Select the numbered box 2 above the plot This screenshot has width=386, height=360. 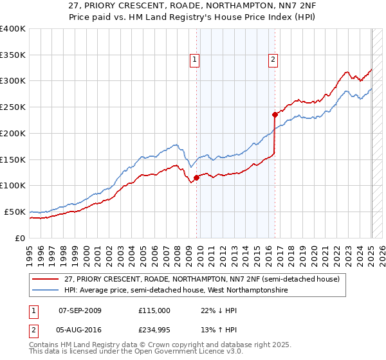tap(273, 60)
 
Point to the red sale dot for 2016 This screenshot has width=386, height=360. tap(275, 114)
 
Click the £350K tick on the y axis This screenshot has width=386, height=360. tap(13, 55)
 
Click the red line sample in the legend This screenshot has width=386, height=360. tap(45, 279)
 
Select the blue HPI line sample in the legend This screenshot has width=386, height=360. tap(45, 291)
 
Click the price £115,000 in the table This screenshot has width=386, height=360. tap(154, 310)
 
